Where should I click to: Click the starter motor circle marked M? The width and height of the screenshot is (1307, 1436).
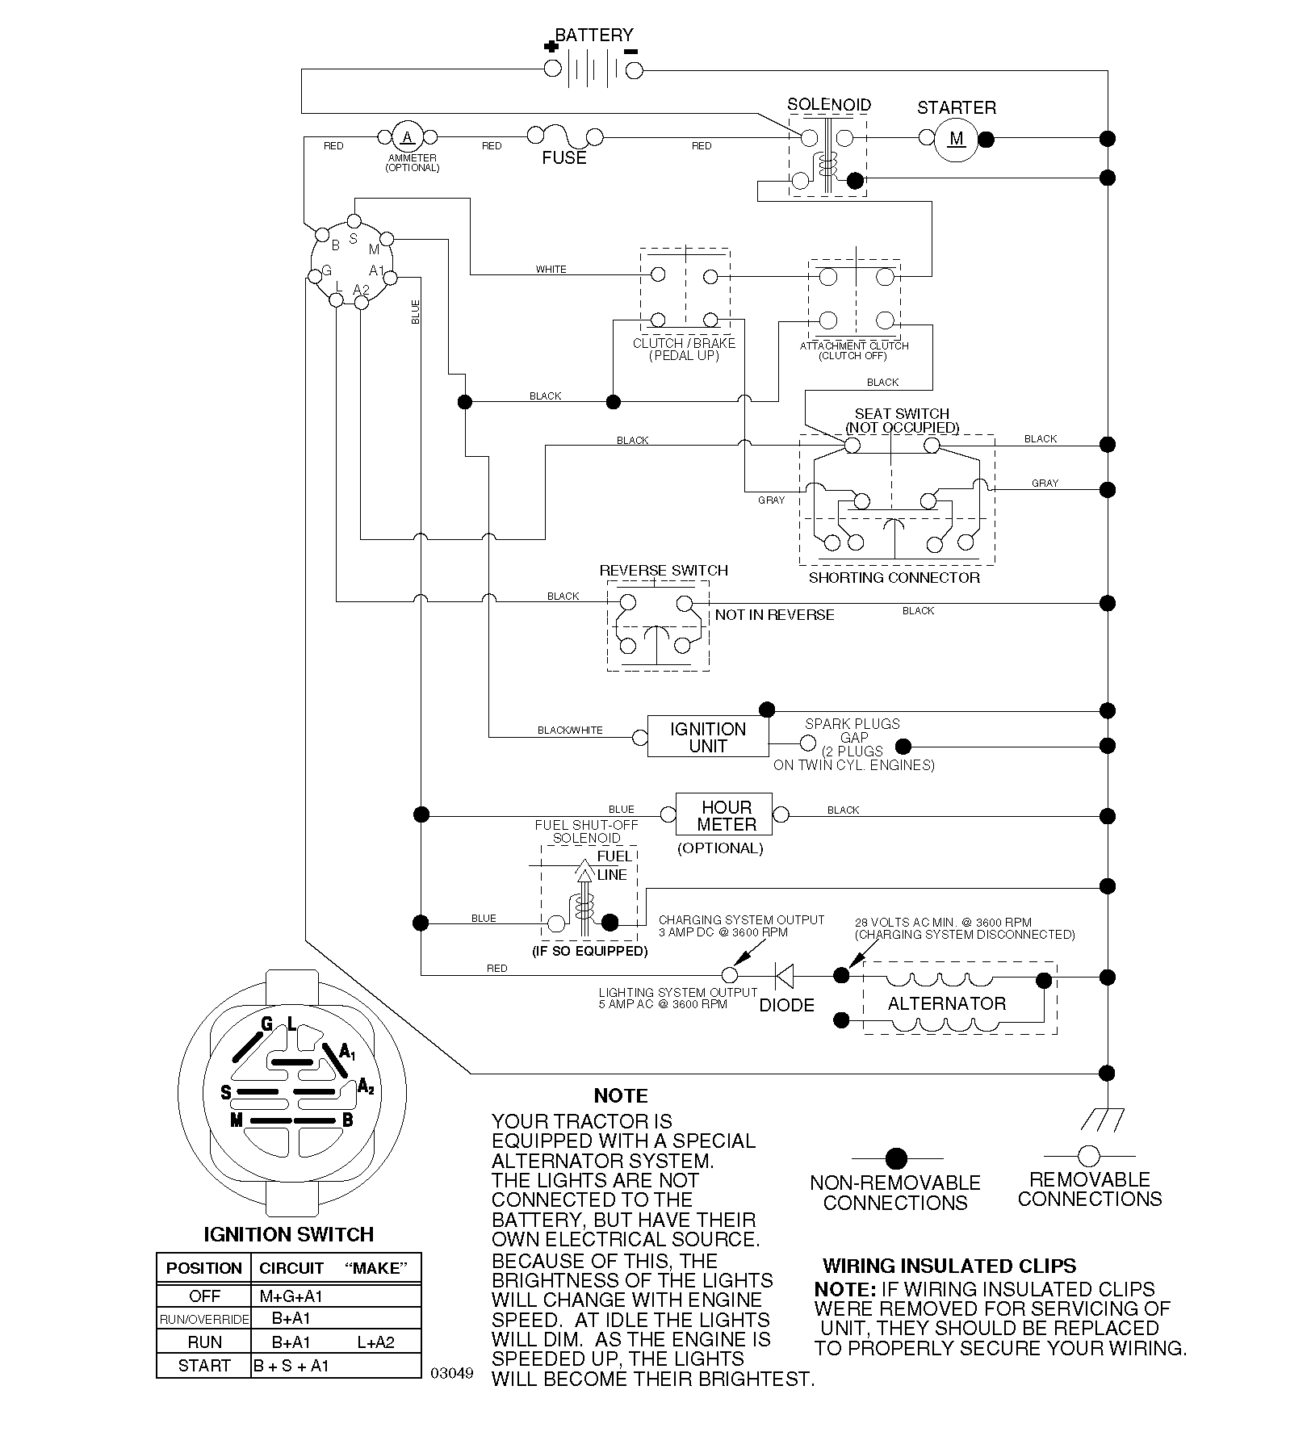(x=957, y=139)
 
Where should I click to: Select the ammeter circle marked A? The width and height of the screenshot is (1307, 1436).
(x=408, y=136)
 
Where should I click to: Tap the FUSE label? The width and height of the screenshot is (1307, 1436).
(x=564, y=158)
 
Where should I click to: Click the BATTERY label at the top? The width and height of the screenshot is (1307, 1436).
(x=594, y=35)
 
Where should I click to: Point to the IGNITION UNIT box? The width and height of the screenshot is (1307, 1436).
(x=708, y=736)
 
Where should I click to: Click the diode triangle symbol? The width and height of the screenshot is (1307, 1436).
(x=783, y=975)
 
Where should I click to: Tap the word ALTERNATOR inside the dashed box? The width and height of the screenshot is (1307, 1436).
(x=947, y=1003)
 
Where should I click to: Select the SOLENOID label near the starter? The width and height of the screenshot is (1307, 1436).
(x=829, y=105)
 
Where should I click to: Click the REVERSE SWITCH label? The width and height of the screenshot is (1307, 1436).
(x=664, y=571)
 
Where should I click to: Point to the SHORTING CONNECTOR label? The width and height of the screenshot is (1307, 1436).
(x=894, y=578)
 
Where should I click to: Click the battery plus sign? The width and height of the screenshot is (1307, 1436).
(x=551, y=47)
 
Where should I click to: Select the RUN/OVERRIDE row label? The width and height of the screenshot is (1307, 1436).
(x=204, y=1319)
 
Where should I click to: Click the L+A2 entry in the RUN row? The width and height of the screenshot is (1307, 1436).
(x=375, y=1342)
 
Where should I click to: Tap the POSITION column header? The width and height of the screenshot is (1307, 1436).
(x=204, y=1268)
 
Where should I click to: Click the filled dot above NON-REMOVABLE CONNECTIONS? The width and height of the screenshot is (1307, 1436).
(x=896, y=1159)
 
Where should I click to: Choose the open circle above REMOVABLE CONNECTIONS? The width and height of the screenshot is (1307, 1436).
(x=1089, y=1156)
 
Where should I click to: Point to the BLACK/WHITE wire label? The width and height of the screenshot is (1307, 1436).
(x=570, y=731)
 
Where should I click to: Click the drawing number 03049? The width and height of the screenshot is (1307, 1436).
(x=452, y=1373)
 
